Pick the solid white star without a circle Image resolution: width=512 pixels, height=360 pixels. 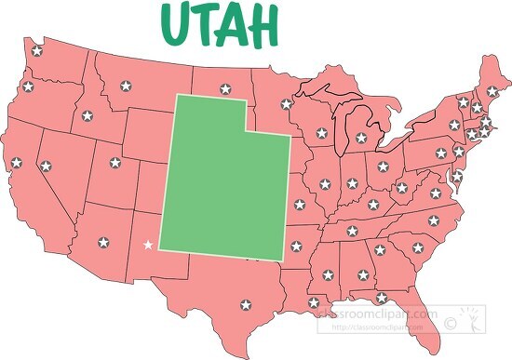[x=148, y=246]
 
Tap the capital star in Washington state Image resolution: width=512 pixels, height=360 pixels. [x=37, y=51]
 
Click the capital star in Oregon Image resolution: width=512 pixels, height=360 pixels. [x=28, y=87]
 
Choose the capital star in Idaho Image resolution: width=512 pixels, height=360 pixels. [x=87, y=116]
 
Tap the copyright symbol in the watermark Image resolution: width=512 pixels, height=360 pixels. [x=451, y=323]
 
